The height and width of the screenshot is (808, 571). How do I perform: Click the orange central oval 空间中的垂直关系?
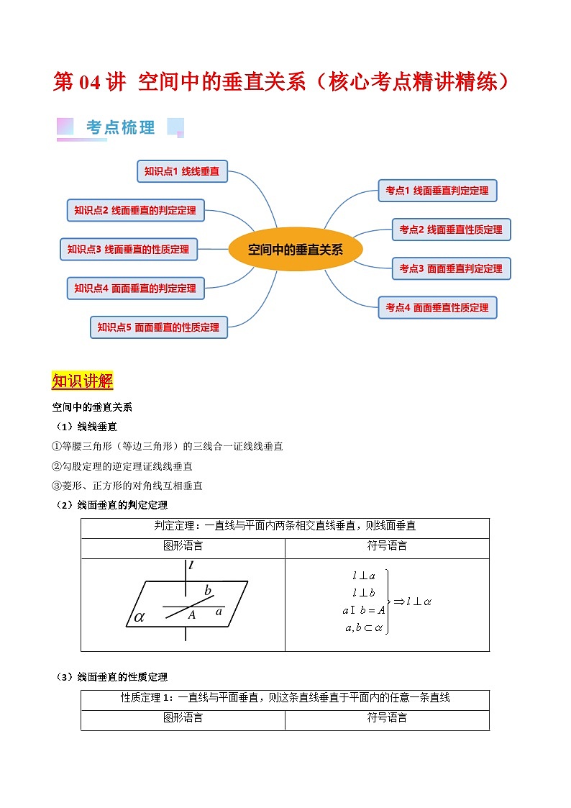(296, 250)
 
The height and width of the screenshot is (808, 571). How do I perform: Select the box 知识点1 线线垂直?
(182, 171)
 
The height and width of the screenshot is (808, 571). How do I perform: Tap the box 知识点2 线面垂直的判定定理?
(135, 210)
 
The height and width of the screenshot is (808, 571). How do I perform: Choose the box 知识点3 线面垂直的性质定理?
(128, 249)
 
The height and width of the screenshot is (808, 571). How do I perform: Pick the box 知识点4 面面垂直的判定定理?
(135, 288)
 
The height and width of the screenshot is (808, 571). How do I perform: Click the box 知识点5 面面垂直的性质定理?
(158, 327)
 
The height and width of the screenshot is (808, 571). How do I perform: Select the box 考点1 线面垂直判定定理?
(437, 191)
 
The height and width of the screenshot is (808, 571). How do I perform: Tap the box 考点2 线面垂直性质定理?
(451, 230)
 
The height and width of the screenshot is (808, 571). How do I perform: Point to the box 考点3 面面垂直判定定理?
(451, 268)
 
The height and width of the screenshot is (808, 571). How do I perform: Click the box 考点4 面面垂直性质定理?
(437, 307)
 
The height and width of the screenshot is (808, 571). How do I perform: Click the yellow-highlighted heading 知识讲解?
(83, 381)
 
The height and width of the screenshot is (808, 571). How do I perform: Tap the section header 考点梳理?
(120, 127)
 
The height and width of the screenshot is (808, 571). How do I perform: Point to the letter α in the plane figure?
(140, 617)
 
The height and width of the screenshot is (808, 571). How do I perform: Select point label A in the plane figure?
(192, 614)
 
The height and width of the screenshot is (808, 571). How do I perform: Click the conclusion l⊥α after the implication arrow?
(417, 601)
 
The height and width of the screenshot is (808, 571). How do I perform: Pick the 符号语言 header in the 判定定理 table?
(387, 546)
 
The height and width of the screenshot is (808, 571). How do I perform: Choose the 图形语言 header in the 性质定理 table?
(183, 717)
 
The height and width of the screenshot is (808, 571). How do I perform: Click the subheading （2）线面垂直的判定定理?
(111, 504)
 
